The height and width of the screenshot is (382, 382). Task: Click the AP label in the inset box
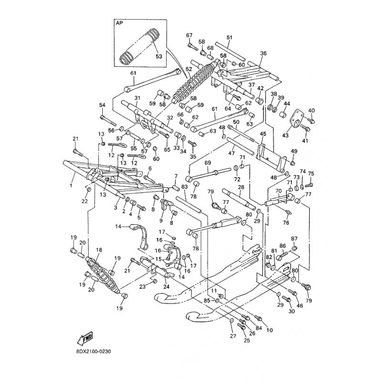coord(119,22)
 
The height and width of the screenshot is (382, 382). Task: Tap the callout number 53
coord(159,56)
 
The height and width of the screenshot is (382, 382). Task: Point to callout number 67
coord(189,35)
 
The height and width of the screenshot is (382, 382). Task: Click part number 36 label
coord(263,53)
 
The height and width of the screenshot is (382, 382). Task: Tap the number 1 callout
coord(71,184)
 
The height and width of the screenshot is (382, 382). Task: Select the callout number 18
coord(99,250)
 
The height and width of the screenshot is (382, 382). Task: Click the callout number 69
coord(208,163)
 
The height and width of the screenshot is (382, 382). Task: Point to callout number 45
coord(263,134)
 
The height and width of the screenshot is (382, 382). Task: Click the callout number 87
coord(294,238)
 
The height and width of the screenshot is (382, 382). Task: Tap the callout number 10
coord(270,330)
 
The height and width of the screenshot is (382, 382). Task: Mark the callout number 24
coord(166,287)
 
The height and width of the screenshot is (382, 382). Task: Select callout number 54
coord(102,105)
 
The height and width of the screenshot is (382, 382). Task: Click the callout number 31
coord(137,98)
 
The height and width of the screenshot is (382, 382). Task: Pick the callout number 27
coord(233,337)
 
